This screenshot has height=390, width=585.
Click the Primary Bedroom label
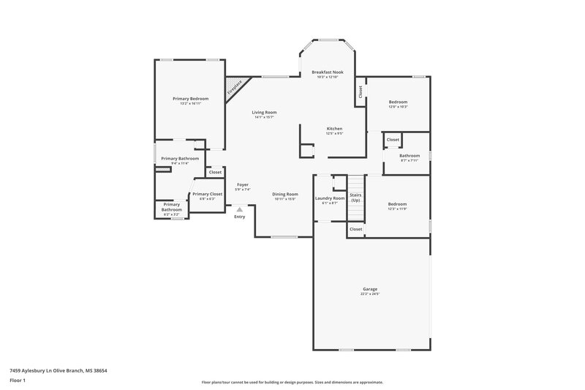[190, 99]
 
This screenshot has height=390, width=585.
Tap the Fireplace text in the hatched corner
[235, 86]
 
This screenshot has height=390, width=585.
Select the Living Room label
[264, 112]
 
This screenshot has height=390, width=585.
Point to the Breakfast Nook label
[327, 72]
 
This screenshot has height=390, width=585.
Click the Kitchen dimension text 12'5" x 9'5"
[334, 134]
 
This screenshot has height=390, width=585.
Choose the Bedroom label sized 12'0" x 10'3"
[397, 102]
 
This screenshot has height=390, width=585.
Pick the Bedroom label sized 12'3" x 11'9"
[397, 204]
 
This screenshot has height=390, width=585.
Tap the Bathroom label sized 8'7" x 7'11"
[409, 155]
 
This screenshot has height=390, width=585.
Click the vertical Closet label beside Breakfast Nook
[361, 92]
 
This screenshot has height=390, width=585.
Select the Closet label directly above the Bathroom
[393, 139]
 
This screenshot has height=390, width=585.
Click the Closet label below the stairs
[355, 229]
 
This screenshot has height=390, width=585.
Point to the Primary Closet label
[207, 194]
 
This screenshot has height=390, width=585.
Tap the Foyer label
[242, 185]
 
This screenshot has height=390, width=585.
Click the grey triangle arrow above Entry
[239, 209]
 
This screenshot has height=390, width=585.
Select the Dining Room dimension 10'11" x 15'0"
[286, 199]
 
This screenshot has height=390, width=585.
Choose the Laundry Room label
[329, 198]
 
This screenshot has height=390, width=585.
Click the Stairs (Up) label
[355, 198]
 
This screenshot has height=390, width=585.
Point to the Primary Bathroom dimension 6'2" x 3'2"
[171, 214]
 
